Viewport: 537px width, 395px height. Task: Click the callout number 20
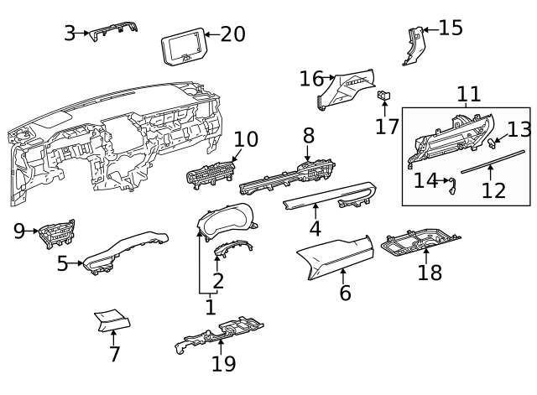(x=232, y=34)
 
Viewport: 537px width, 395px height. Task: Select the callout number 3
(x=70, y=34)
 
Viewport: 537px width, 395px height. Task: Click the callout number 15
(x=451, y=28)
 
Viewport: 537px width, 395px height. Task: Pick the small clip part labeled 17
(x=384, y=96)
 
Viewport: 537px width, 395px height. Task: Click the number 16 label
(x=311, y=79)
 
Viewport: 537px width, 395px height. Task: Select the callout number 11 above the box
(x=468, y=94)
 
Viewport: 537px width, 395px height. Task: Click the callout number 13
(x=520, y=128)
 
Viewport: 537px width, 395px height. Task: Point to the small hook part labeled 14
(x=454, y=185)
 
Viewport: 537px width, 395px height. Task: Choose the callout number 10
(x=247, y=139)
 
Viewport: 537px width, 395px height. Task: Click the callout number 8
(x=309, y=135)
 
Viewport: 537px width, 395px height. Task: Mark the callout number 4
(x=315, y=228)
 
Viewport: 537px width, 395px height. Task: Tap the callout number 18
(x=430, y=273)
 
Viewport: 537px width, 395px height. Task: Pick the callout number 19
(x=223, y=364)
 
